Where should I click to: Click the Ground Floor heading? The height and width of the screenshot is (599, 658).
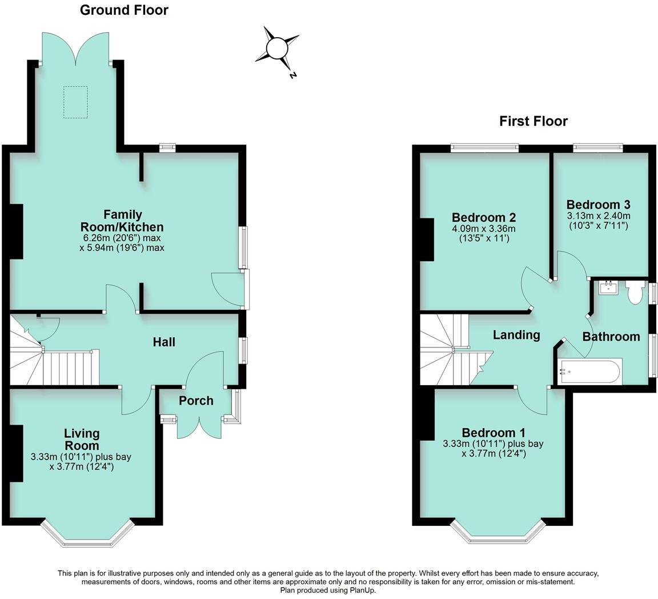pyautogui.click(x=124, y=10)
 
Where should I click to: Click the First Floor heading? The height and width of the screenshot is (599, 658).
pyautogui.click(x=533, y=121)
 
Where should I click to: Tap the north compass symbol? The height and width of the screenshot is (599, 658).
pyautogui.click(x=278, y=49)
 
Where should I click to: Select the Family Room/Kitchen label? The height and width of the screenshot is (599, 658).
pyautogui.click(x=123, y=221)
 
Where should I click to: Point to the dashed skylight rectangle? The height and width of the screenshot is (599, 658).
pyautogui.click(x=75, y=102)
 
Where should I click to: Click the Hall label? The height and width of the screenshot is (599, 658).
pyautogui.click(x=164, y=342)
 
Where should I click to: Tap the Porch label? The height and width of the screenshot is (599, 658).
pyautogui.click(x=196, y=401)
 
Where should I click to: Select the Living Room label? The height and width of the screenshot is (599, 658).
pyautogui.click(x=82, y=440)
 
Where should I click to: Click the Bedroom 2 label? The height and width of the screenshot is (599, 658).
pyautogui.click(x=484, y=218)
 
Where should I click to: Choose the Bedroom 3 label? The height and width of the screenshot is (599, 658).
pyautogui.click(x=598, y=205)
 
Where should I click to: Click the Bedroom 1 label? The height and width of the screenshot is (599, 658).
pyautogui.click(x=493, y=433)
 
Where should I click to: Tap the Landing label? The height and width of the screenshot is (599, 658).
pyautogui.click(x=516, y=335)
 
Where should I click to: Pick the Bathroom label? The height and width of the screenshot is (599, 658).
pyautogui.click(x=611, y=337)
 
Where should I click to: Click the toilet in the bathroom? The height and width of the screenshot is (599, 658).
pyautogui.click(x=635, y=291)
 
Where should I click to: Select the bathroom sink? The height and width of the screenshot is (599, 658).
pyautogui.click(x=608, y=287)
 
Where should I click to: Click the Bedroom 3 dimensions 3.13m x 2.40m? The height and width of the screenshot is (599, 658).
pyautogui.click(x=598, y=216)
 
